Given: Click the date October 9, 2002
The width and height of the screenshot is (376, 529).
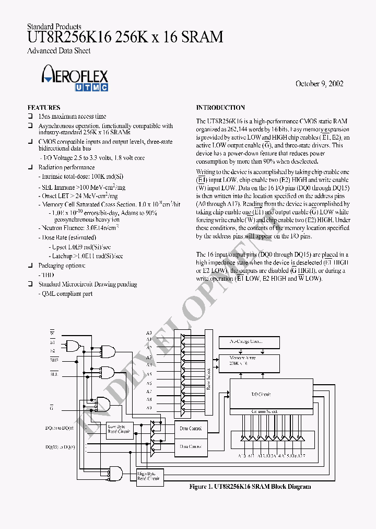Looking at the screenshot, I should (319, 84).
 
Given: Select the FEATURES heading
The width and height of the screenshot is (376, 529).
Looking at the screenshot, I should (44, 107).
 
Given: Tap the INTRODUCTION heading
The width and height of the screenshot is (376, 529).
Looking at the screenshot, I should (220, 107).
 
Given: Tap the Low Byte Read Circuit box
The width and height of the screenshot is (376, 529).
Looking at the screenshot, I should (119, 429).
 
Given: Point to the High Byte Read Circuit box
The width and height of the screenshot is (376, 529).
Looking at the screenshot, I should (149, 476).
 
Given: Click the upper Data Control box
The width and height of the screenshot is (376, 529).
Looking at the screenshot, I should (191, 428).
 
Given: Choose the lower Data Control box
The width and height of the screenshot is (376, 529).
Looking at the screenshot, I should (191, 446).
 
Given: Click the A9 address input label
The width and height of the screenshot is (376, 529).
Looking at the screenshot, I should (149, 408).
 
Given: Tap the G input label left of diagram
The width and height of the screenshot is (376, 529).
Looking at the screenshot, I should (52, 407).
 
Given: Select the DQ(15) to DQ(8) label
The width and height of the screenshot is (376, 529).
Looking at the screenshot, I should (60, 447).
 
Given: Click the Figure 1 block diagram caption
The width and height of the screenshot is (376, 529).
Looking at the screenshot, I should (250, 487).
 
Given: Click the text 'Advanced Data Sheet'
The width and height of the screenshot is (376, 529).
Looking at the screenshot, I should (58, 51).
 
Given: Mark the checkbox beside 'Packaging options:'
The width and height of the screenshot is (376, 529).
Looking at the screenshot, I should (31, 266).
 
